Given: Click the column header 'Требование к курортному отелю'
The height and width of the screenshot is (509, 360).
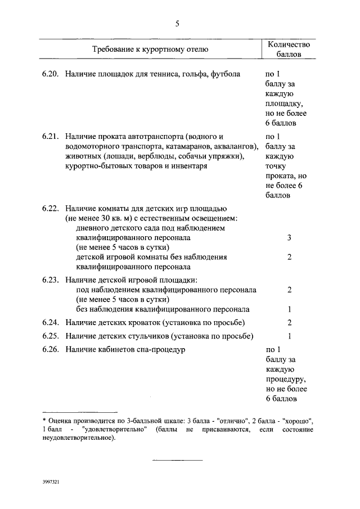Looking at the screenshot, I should click(x=150, y=49).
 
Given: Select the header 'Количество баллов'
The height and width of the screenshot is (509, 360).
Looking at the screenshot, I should click(x=288, y=49).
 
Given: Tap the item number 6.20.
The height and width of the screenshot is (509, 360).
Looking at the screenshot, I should click(x=50, y=74).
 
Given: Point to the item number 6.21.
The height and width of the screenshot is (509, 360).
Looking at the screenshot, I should click(x=50, y=136).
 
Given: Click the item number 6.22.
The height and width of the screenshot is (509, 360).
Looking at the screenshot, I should click(x=50, y=208).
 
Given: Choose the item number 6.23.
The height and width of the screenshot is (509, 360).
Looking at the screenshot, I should click(x=50, y=280).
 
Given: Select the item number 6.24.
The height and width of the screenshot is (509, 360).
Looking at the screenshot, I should click(x=50, y=322).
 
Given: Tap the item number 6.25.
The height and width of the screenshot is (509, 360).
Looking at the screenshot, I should click(x=50, y=336).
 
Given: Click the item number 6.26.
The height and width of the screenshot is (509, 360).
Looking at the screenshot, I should click(x=50, y=350).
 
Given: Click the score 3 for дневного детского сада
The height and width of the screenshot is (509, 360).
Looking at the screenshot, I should click(x=289, y=238).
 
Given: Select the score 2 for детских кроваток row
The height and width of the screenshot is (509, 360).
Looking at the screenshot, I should click(x=289, y=322).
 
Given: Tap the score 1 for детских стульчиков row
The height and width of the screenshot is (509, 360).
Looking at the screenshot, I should click(x=289, y=336).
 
